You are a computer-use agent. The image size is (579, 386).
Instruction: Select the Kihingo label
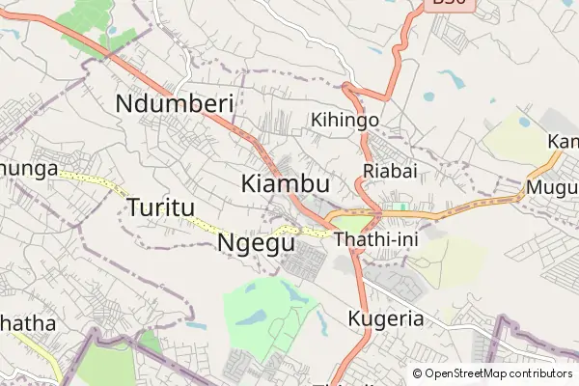tap(345, 120)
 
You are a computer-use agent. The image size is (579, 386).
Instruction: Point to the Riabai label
tap(389, 171)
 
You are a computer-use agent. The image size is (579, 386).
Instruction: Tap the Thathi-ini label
tap(372, 239)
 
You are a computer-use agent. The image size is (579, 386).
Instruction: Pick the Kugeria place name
tap(384, 319)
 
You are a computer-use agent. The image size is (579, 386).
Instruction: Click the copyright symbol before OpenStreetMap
tap(418, 373)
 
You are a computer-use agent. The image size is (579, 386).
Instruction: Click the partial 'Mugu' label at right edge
tap(551, 186)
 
